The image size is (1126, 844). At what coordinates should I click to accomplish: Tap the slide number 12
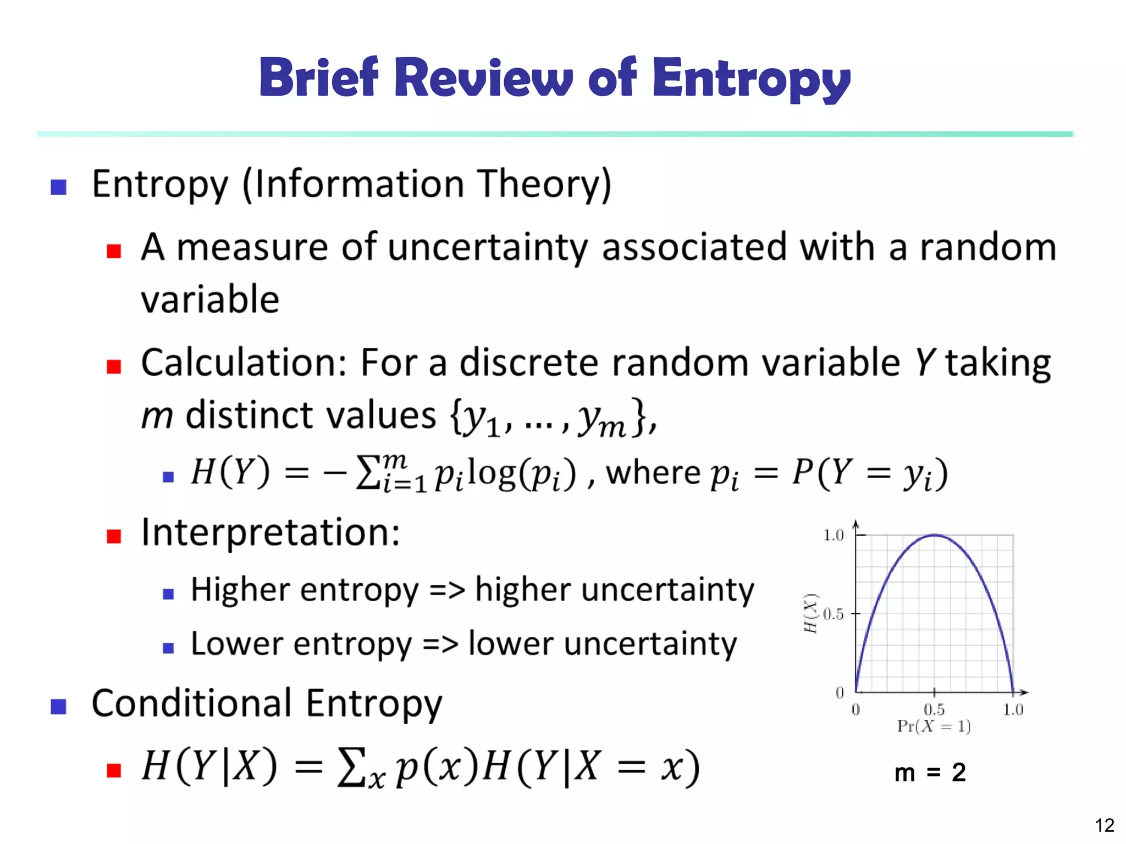[x=1104, y=825]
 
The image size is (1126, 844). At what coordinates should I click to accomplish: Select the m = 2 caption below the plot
[x=930, y=773]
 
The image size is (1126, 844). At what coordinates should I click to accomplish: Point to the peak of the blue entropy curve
[x=935, y=535]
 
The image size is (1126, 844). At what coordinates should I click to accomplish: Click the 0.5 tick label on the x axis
[x=934, y=709]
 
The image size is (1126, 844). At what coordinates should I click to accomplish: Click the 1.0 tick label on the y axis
[x=834, y=535]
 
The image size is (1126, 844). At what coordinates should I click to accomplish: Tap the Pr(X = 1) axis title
[x=934, y=726]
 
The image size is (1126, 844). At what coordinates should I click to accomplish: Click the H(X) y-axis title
[x=811, y=613]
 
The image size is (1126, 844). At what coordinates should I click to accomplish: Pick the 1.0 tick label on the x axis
[x=1013, y=709]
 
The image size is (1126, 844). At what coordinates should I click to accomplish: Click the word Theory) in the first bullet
[x=544, y=184]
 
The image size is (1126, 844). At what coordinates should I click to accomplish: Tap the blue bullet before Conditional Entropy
[x=58, y=706]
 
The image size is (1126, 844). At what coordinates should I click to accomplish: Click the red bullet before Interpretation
[x=114, y=536]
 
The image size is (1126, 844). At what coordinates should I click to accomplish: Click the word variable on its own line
[x=210, y=300]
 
